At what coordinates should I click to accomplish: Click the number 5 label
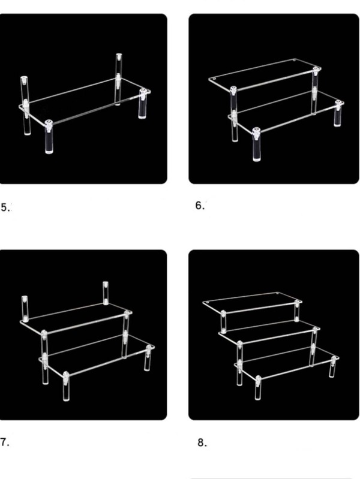pos(5,207)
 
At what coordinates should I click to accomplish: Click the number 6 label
pos(200,206)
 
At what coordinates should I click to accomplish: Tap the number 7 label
pos(5,442)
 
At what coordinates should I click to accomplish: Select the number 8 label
pos(201,443)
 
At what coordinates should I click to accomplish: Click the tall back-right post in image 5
pos(118,78)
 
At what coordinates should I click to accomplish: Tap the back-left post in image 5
pos(25,105)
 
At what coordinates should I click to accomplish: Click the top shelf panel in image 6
pos(264,75)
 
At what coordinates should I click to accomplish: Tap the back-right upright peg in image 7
pos(106,293)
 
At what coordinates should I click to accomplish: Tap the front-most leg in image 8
pos(258,390)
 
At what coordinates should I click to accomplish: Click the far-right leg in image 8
pos(332,366)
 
